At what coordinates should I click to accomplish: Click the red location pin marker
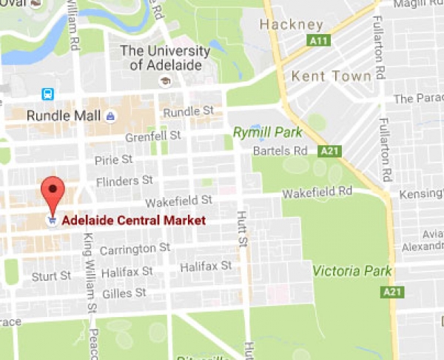pyautogui.click(x=52, y=193)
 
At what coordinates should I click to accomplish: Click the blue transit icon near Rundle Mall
pyautogui.click(x=47, y=94)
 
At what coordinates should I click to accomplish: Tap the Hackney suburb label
pyautogui.click(x=291, y=25)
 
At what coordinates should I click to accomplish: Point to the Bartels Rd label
pyautogui.click(x=280, y=151)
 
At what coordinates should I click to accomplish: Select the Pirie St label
pyautogui.click(x=113, y=160)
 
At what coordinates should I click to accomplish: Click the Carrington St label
pyautogui.click(x=135, y=248)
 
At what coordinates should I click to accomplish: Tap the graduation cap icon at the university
pyautogui.click(x=165, y=81)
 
